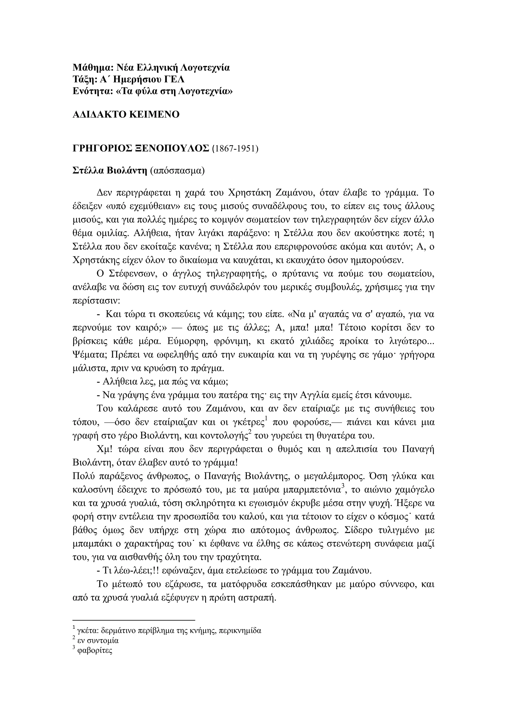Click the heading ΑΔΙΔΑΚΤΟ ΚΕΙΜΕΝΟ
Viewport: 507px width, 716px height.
coord(126,115)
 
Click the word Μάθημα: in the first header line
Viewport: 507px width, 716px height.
coord(93,68)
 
